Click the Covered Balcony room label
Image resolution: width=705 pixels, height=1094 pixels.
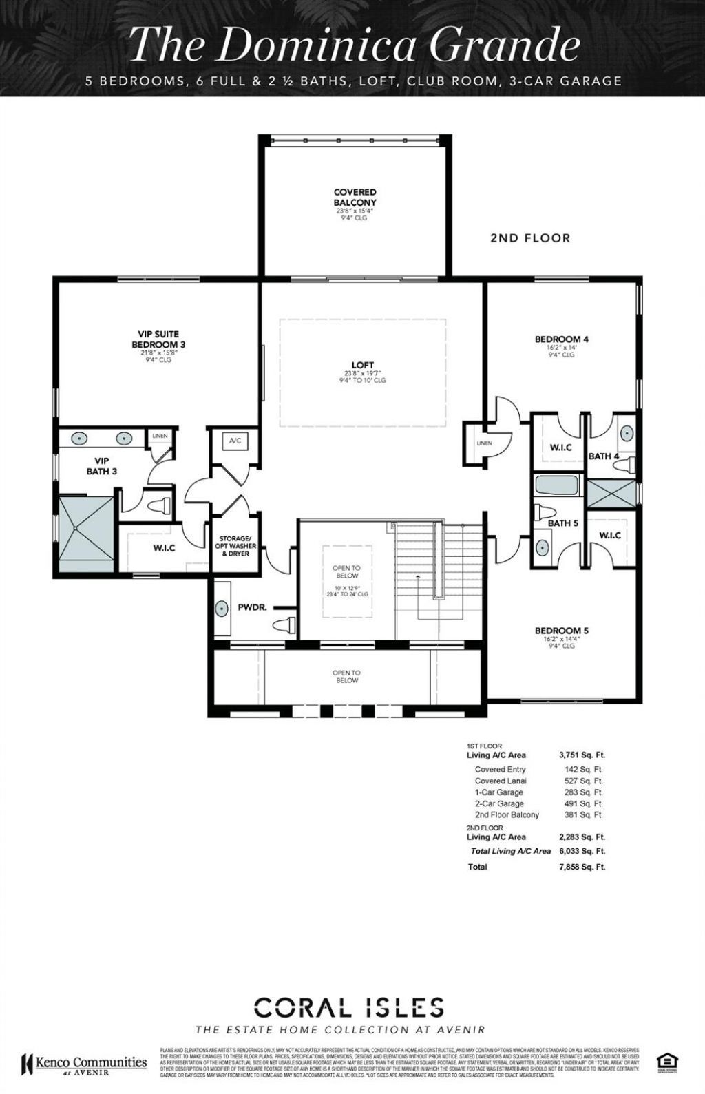click(355, 197)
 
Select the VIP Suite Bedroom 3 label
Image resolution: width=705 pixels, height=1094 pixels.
click(158, 339)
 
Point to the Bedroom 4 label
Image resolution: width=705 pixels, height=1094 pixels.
click(561, 339)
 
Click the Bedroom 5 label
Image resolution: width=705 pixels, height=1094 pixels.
click(561, 631)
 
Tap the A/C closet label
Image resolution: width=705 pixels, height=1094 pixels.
click(234, 441)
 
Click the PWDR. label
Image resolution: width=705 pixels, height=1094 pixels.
click(253, 608)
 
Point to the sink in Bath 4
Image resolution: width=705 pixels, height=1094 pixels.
click(627, 433)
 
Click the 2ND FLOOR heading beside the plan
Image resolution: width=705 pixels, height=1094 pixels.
click(530, 238)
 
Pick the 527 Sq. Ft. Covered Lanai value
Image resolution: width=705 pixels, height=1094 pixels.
click(583, 781)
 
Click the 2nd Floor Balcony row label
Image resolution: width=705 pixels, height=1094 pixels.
click(507, 814)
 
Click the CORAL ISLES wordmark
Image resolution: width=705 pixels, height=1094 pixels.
click(349, 1009)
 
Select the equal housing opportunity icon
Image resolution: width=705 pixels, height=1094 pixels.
click(665, 1061)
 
